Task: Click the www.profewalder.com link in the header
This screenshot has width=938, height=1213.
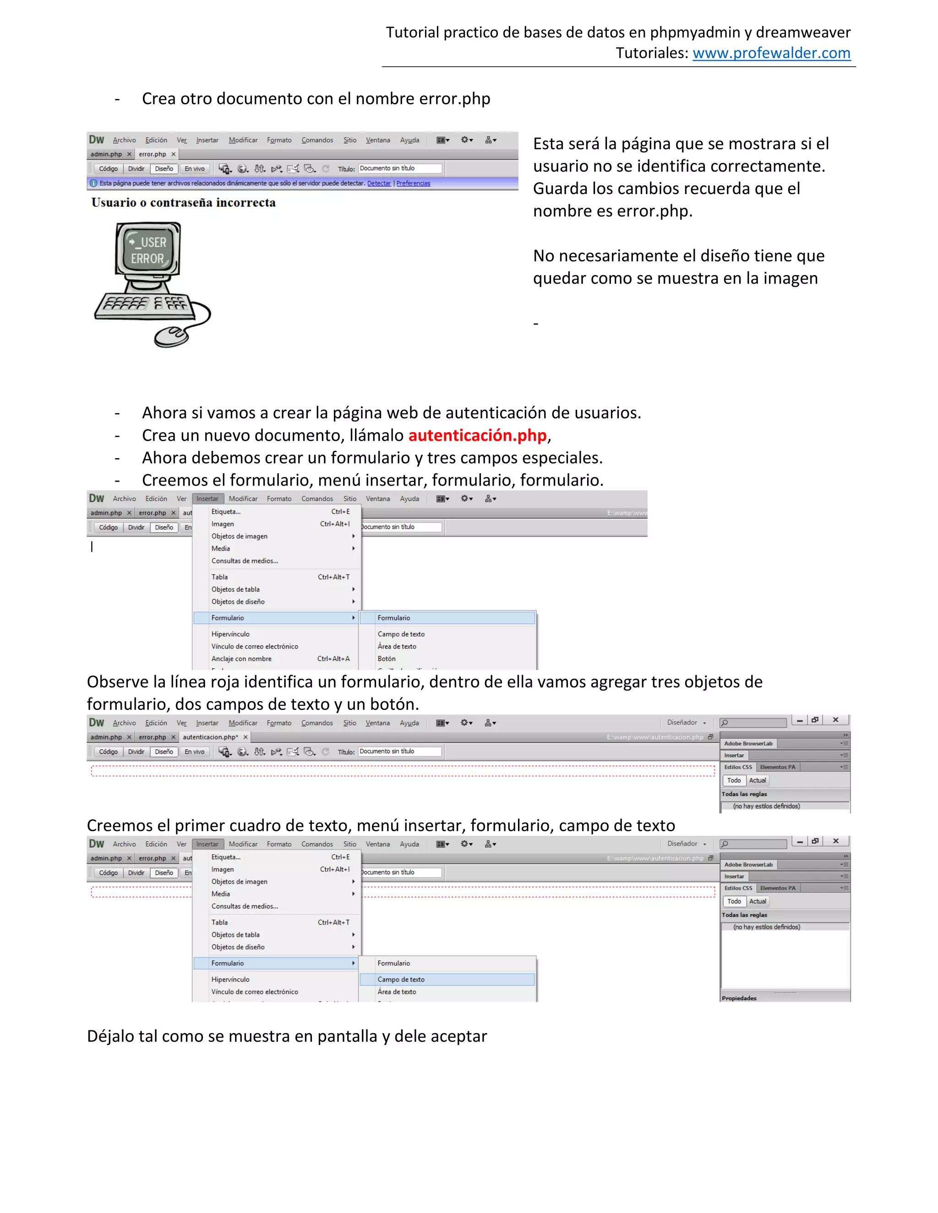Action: coord(771,53)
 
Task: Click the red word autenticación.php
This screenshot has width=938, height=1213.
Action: coord(477,435)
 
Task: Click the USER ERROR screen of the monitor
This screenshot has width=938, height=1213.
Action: coord(148,250)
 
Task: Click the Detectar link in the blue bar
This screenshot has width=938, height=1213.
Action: coord(379,183)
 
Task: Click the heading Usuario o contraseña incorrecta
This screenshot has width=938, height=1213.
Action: coord(183,203)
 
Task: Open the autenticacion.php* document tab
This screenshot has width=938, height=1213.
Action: coord(211,737)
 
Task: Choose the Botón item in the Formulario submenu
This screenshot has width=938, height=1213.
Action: coord(387,659)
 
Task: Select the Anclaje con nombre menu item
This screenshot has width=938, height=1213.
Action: coord(241,659)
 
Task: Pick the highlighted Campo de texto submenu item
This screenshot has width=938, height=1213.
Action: coord(401,979)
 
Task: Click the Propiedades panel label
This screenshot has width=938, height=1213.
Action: coord(739,998)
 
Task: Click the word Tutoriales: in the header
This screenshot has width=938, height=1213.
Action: coord(652,53)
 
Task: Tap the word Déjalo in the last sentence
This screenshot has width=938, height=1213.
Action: coord(110,1036)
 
